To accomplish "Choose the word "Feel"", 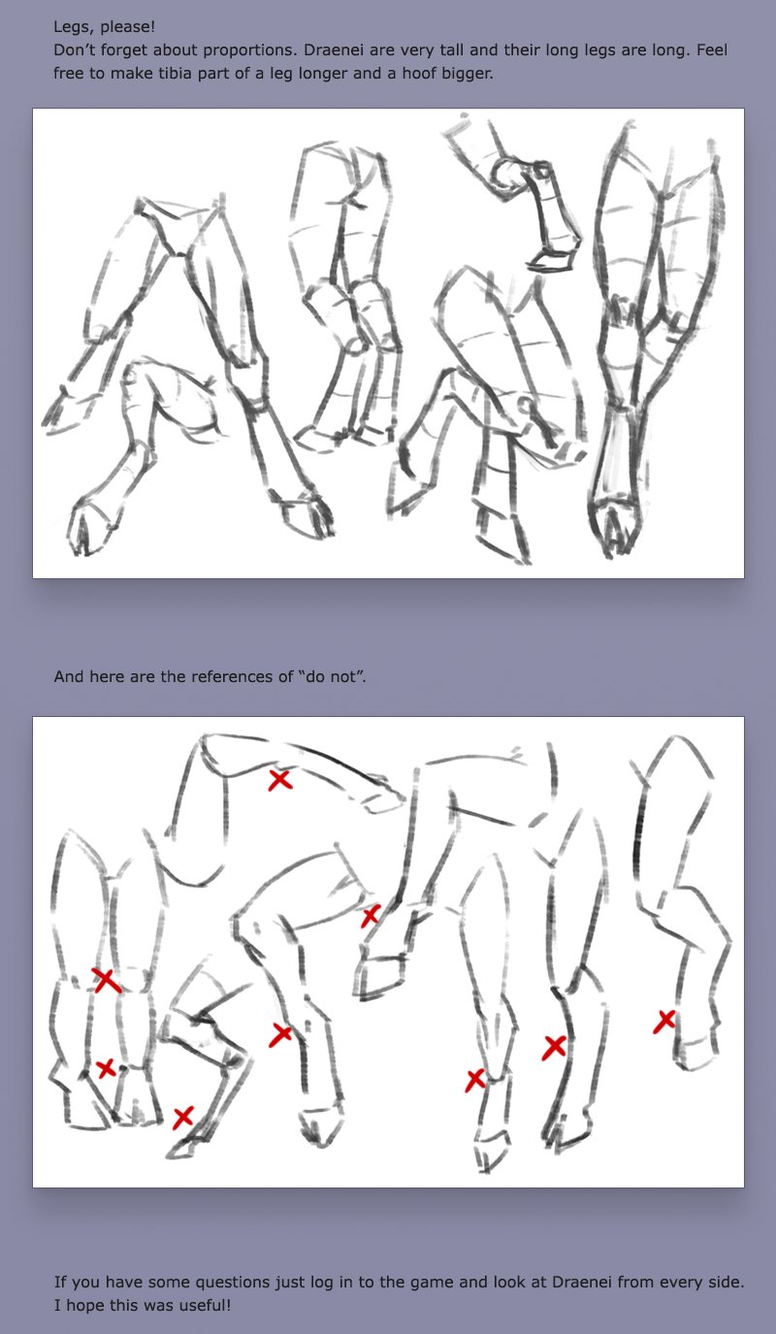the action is tap(712, 50).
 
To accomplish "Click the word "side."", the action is tap(727, 1283).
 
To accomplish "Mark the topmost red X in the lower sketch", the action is tap(280, 780).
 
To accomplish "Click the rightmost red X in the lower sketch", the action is tap(664, 1022).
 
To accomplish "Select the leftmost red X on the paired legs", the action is tap(106, 980).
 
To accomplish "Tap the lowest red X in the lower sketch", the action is tap(182, 1118).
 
